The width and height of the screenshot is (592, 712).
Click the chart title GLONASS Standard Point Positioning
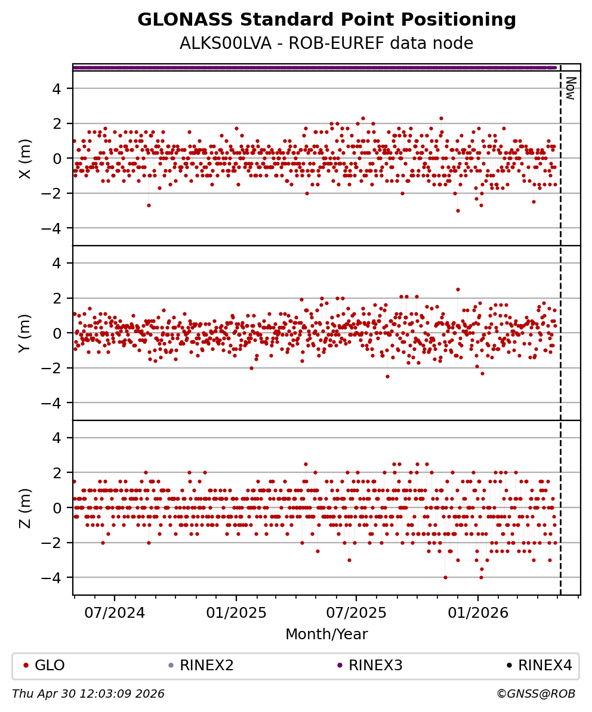[326, 20]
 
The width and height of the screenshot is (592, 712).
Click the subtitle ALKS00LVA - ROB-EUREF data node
[326, 44]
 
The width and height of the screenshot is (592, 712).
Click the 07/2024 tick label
[114, 613]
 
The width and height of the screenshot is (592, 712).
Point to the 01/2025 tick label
[236, 613]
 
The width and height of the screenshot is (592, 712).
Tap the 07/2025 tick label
[356, 613]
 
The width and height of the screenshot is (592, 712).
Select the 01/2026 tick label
[478, 613]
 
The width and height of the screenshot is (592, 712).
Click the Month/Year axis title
[326, 634]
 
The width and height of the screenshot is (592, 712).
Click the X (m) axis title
[25, 158]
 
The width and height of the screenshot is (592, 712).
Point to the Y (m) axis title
[25, 333]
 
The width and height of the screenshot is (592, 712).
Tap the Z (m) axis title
[25, 507]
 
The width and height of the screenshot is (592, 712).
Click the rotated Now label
[571, 88]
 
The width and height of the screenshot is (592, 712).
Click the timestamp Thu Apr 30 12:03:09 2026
[88, 694]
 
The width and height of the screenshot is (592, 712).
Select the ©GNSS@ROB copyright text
[536, 694]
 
